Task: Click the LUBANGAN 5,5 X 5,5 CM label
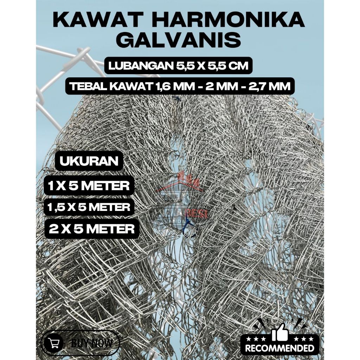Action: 179,66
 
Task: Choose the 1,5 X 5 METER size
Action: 89,207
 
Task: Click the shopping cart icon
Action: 53,342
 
